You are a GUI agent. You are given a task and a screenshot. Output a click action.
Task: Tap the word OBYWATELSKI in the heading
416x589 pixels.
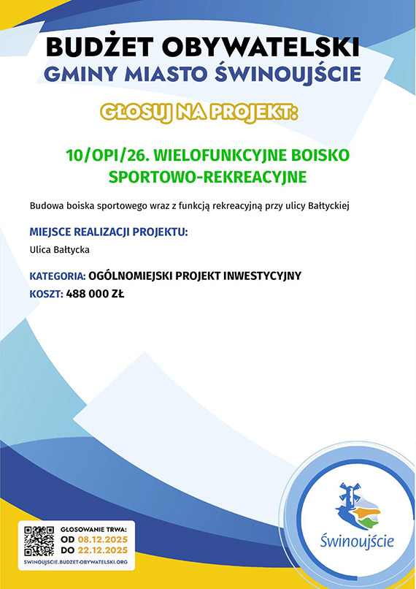261,47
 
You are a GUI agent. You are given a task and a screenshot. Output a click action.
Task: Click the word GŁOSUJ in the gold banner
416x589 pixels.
137,113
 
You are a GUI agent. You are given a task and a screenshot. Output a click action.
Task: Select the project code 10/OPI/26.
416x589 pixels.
108,155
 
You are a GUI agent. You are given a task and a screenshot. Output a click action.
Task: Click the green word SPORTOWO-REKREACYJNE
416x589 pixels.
207,177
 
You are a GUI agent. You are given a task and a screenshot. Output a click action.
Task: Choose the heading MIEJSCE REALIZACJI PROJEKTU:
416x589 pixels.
109,232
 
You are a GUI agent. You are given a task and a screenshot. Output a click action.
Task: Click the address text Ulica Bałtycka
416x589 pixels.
60,250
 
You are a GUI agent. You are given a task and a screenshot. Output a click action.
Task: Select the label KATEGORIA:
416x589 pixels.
58,276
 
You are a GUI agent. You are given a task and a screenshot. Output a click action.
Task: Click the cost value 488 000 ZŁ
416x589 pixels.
95,294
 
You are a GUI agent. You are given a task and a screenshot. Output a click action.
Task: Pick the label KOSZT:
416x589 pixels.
47,294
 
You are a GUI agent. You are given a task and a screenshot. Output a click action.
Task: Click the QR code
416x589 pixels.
39,541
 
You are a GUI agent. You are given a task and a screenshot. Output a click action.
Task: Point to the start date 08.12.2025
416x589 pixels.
103,540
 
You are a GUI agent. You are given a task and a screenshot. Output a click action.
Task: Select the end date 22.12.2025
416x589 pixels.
103,551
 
